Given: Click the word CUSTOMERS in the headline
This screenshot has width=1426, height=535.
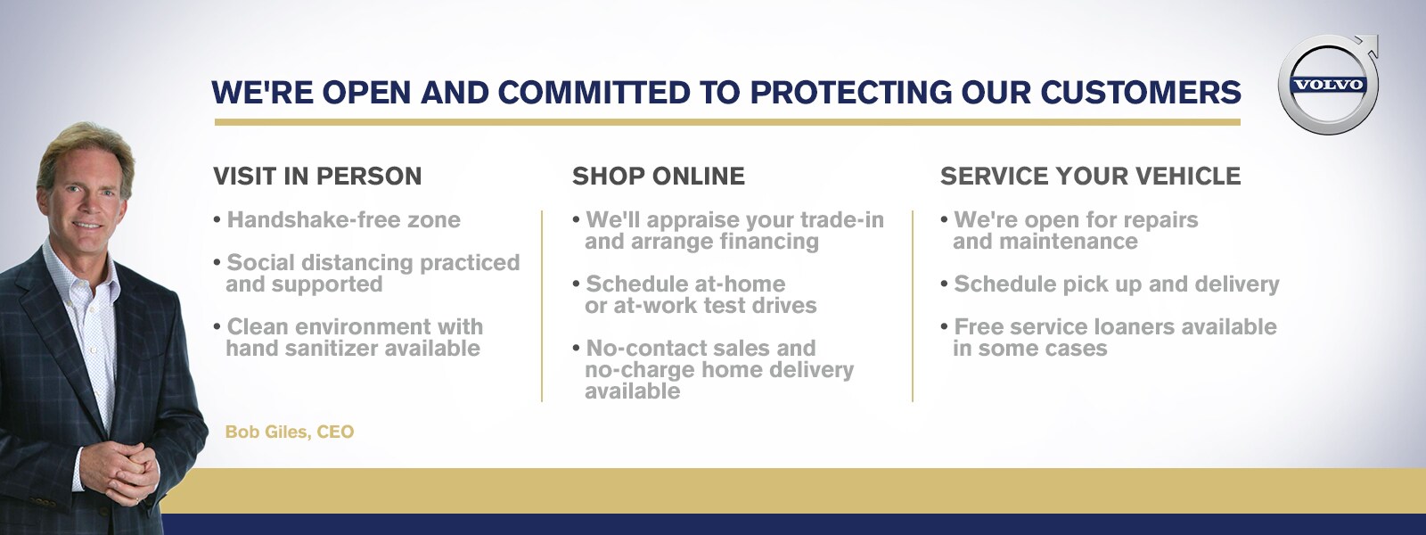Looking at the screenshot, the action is coord(1141,93).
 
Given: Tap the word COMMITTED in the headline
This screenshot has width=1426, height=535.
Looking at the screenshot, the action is coord(594,93).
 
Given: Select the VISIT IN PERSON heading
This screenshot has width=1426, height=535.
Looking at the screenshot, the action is coord(317,177).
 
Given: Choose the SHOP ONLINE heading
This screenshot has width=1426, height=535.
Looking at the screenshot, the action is coord(659,177).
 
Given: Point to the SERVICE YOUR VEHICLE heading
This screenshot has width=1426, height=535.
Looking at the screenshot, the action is coord(1091,177).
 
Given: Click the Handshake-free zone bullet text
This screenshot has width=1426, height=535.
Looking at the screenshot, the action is coord(344,219).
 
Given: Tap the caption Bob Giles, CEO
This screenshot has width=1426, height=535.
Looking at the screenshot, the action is coord(290,432).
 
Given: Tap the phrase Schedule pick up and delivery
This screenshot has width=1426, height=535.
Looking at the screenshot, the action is coord(1117,284).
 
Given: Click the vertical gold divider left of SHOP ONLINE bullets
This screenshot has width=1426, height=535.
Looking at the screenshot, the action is coord(542,307).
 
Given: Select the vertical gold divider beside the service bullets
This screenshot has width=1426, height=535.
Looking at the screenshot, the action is coord(913,307).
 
